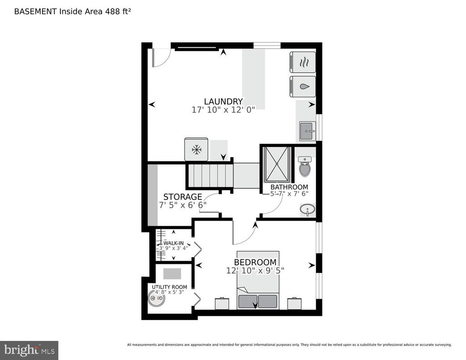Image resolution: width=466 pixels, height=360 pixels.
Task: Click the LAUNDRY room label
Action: pyautogui.click(x=223, y=101)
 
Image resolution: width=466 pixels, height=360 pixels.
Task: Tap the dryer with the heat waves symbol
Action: pyautogui.click(x=302, y=61)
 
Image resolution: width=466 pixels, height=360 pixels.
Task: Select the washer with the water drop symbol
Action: pyautogui.click(x=302, y=86)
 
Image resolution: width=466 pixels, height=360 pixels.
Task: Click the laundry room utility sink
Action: pyautogui.click(x=308, y=131)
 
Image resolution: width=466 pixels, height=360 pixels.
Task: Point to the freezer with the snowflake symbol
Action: pyautogui.click(x=196, y=149)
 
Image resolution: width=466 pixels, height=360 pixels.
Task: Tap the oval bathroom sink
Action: pyautogui.click(x=308, y=210)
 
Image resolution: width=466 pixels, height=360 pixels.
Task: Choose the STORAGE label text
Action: pyautogui.click(x=182, y=197)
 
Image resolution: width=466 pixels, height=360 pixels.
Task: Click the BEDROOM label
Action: pyautogui.click(x=255, y=262)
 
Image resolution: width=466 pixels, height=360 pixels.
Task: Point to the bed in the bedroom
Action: pyautogui.click(x=258, y=280)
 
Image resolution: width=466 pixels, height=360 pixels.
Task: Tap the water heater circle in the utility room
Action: pyautogui.click(x=156, y=299)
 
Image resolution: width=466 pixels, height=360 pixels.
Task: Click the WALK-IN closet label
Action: pyautogui.click(x=173, y=243)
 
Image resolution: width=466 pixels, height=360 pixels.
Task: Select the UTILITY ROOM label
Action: pyautogui.click(x=169, y=287)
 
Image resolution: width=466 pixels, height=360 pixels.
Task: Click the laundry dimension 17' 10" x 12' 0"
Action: pyautogui.click(x=223, y=109)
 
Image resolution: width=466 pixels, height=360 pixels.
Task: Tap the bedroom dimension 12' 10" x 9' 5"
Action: pyautogui.click(x=255, y=270)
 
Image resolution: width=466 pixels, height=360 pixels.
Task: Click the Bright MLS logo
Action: pyautogui.click(x=29, y=350)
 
